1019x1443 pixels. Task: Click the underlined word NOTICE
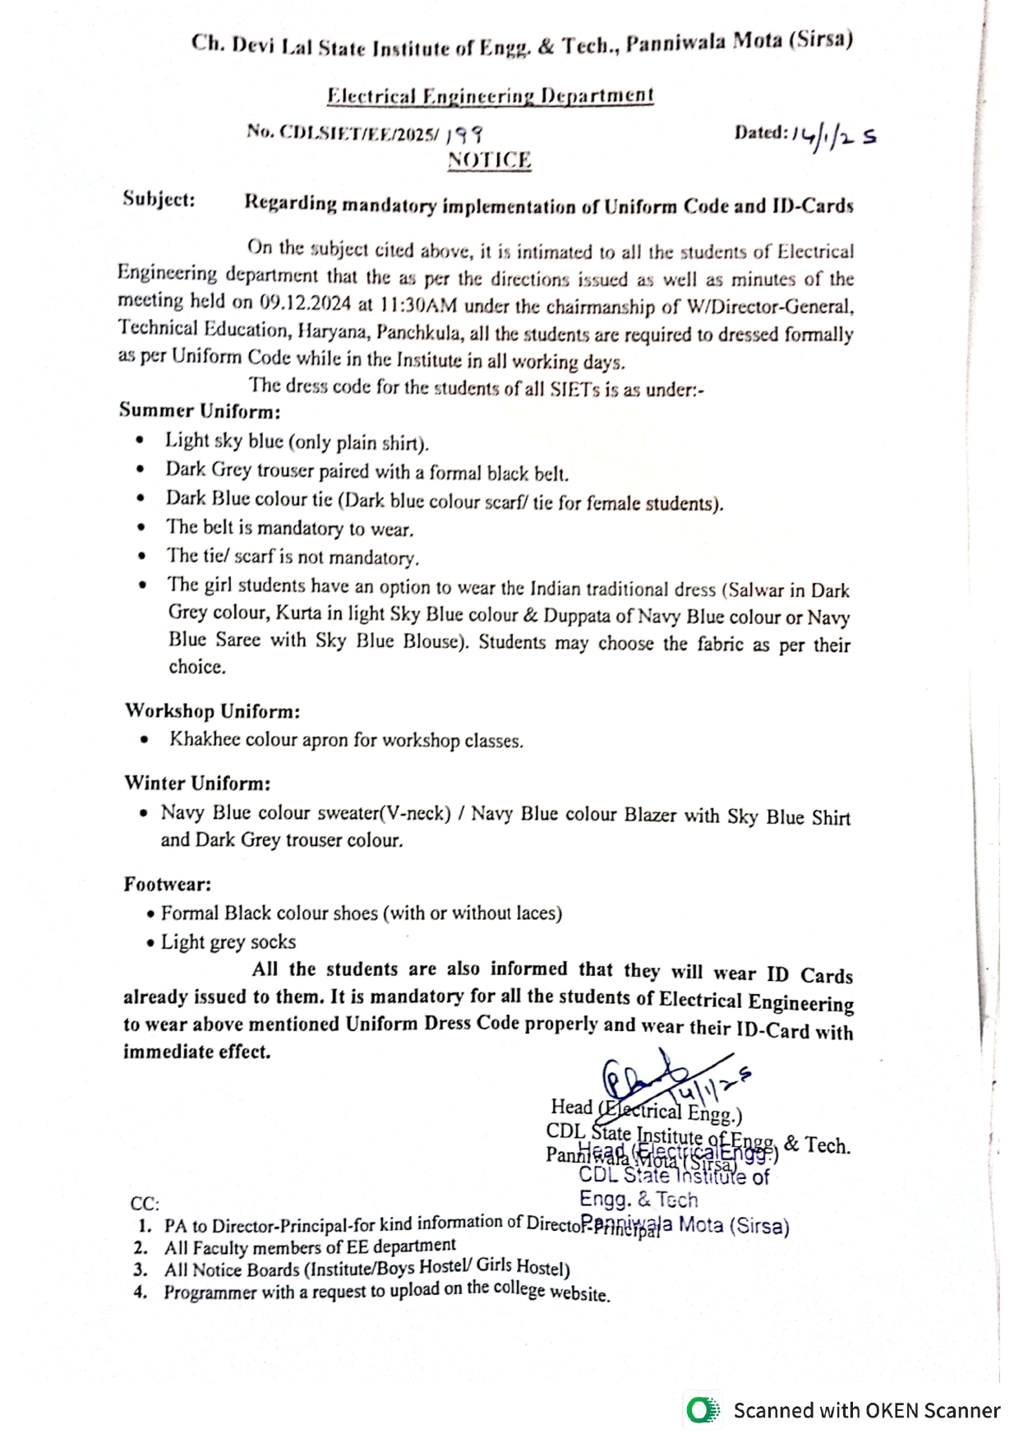pyautogui.click(x=489, y=160)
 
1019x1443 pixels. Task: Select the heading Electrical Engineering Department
pyautogui.click(x=490, y=96)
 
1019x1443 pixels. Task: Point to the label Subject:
pyautogui.click(x=159, y=199)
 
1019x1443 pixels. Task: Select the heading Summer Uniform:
pyautogui.click(x=200, y=410)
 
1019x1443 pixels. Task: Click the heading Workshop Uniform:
pyautogui.click(x=212, y=710)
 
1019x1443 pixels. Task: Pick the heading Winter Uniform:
pyautogui.click(x=197, y=783)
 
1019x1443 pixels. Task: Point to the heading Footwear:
pyautogui.click(x=168, y=884)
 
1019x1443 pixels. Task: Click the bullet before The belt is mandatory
pyautogui.click(x=142, y=528)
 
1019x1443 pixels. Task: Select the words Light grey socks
pyautogui.click(x=228, y=941)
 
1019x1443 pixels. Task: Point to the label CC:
pyautogui.click(x=145, y=1204)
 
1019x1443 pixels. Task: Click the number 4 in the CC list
pyautogui.click(x=141, y=1292)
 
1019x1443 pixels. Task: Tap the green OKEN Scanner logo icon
pyautogui.click(x=701, y=1411)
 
